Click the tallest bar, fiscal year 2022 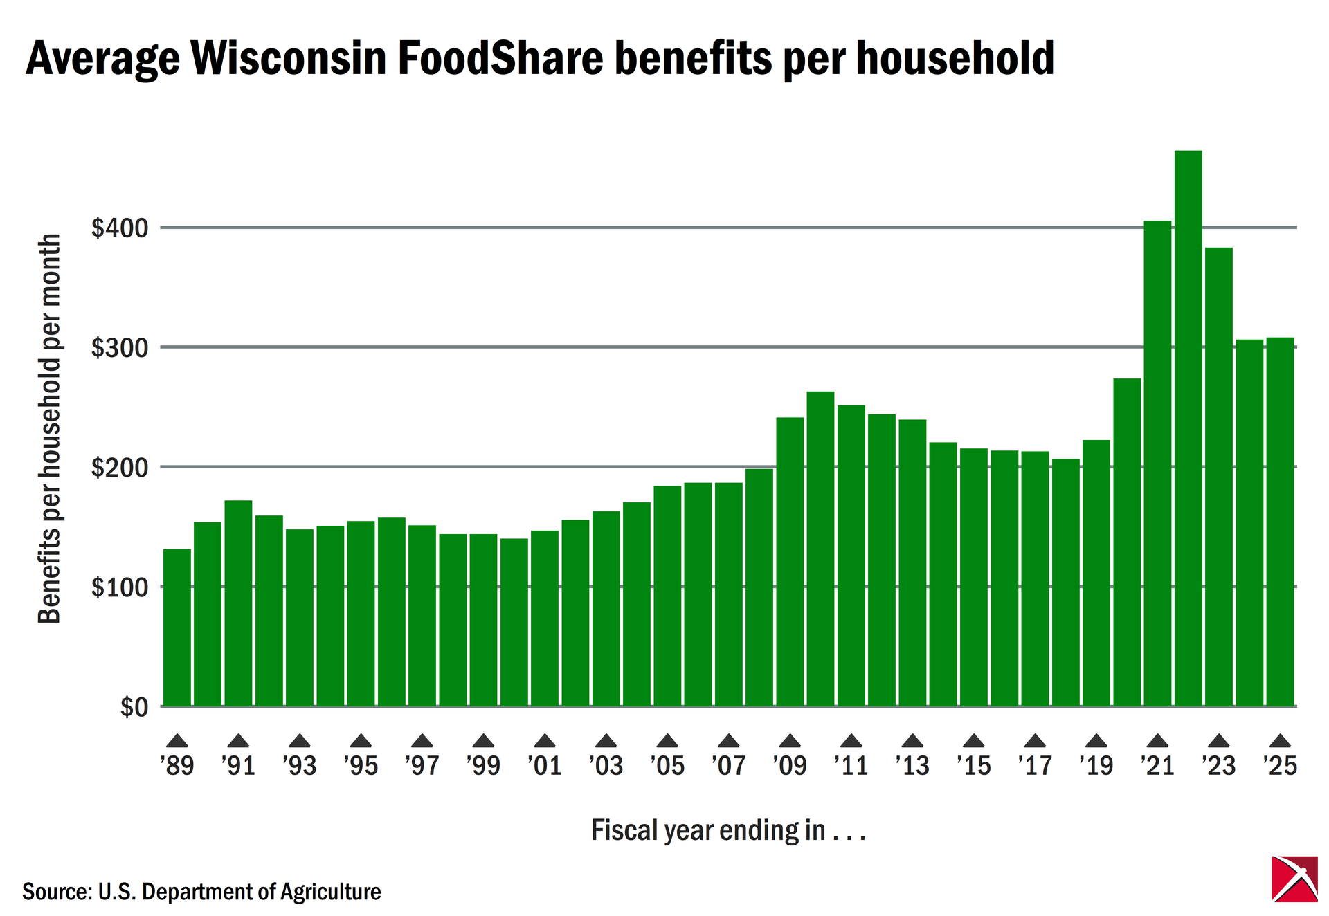[x=1188, y=429]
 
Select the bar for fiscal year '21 [x=1157, y=464]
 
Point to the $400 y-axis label [x=120, y=228]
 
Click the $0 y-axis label [x=134, y=707]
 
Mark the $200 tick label [x=120, y=468]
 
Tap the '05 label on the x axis [x=667, y=766]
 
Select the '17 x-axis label [x=1035, y=766]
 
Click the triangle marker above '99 [x=483, y=741]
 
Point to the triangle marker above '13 [x=912, y=741]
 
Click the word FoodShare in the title [x=500, y=58]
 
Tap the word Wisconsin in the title [x=289, y=58]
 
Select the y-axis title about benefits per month [x=49, y=429]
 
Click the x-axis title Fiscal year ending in [x=727, y=830]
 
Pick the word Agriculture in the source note [x=330, y=892]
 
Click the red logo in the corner [x=1294, y=879]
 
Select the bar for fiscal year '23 [x=1218, y=477]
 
